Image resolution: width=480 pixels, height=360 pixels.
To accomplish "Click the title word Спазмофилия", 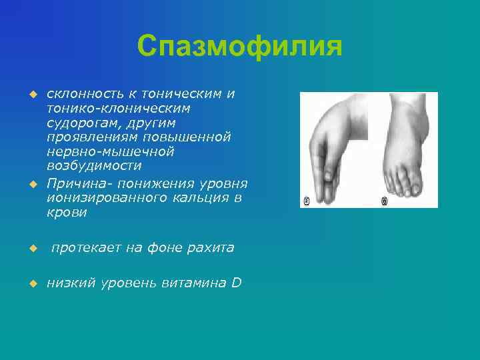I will pos(239,47).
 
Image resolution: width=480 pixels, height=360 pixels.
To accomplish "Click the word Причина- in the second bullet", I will pos(77,183).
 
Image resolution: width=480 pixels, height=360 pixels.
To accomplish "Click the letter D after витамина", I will pos(237,283).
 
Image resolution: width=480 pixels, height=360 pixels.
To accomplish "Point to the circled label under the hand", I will pos(307,201).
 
